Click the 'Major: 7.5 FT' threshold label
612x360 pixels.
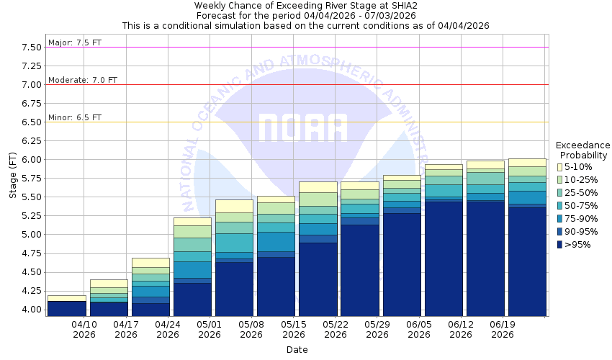click(x=75, y=42)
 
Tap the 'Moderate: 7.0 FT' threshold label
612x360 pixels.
click(x=82, y=80)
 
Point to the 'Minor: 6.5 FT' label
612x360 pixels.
click(x=75, y=117)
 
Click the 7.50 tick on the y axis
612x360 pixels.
click(x=31, y=48)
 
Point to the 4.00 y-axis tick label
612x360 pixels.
click(x=31, y=310)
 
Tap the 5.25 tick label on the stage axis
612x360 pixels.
click(x=31, y=216)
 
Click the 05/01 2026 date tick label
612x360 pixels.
click(x=210, y=329)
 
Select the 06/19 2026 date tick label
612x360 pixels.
click(x=502, y=329)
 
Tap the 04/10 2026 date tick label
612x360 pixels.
click(x=84, y=329)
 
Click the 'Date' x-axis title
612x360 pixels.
click(x=297, y=350)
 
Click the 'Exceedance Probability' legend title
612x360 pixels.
click(x=584, y=150)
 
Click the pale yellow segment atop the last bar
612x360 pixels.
click(x=526, y=163)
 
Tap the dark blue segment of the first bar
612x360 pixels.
click(x=66, y=308)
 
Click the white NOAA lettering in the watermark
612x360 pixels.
click(x=302, y=127)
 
